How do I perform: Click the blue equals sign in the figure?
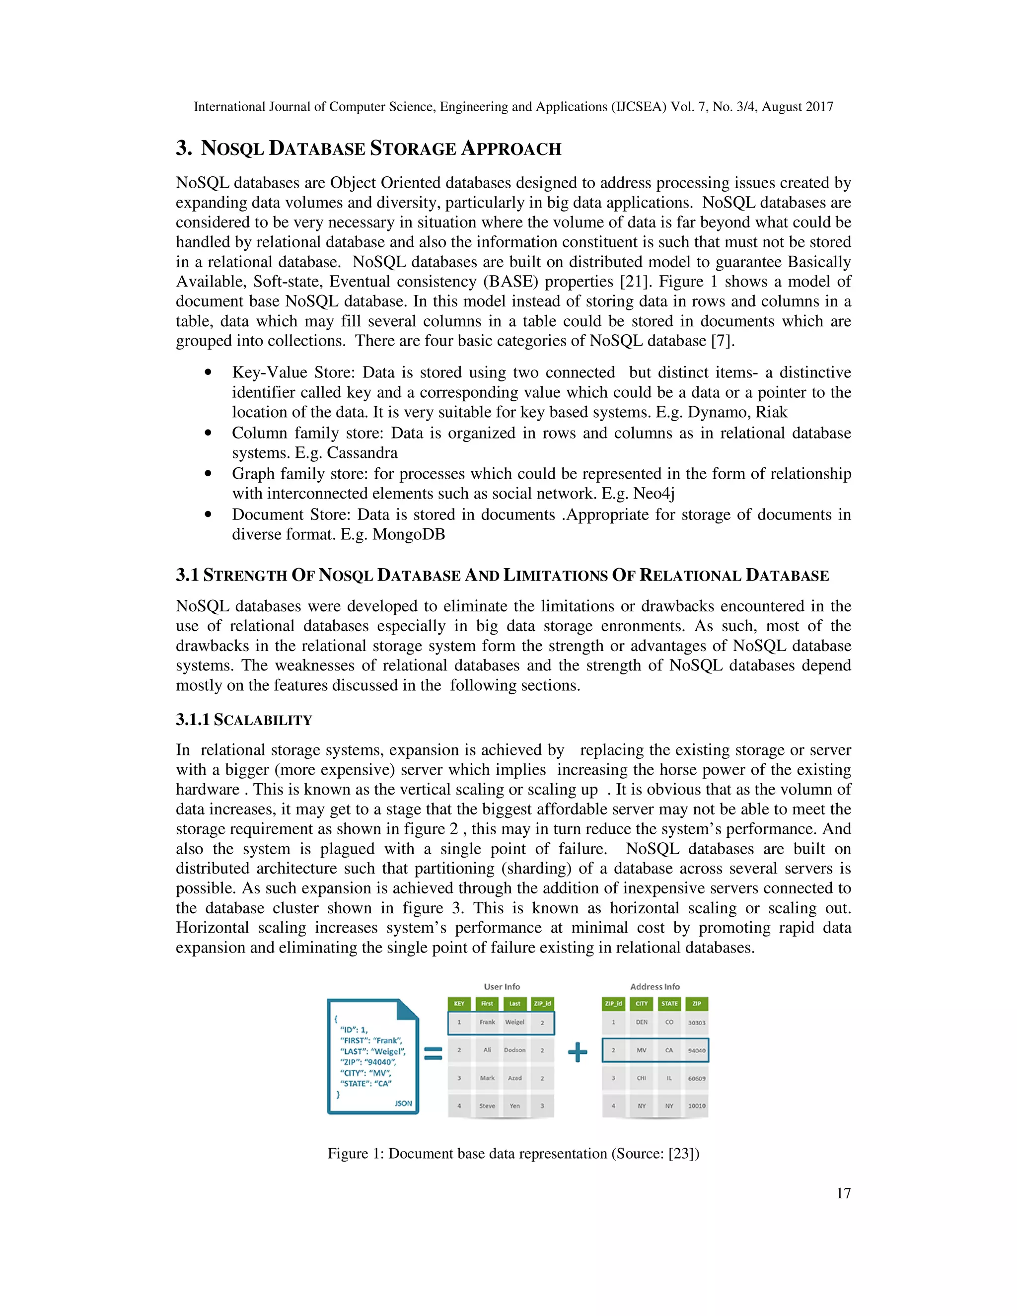point(433,1053)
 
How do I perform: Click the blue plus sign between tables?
point(577,1053)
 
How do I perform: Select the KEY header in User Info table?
point(459,1003)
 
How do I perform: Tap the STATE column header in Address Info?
point(669,1003)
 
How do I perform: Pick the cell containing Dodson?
point(514,1050)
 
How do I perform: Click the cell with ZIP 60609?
point(697,1078)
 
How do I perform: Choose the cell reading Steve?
point(487,1106)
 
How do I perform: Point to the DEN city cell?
point(642,1022)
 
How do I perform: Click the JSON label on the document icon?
point(403,1103)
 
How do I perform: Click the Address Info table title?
point(655,986)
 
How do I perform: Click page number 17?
point(844,1193)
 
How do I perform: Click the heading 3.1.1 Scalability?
point(244,720)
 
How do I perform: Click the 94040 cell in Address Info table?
point(697,1050)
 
